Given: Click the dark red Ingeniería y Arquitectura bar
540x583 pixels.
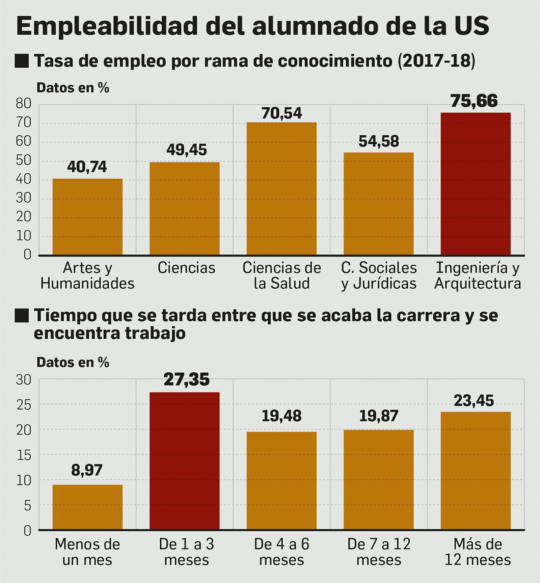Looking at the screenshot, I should click(x=476, y=184).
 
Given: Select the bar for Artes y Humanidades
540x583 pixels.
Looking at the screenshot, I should click(x=87, y=217).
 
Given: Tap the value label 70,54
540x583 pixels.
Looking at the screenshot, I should click(x=281, y=113).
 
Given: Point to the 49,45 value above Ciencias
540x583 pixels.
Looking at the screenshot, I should click(x=186, y=150).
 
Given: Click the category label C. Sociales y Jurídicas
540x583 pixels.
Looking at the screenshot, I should click(x=379, y=275).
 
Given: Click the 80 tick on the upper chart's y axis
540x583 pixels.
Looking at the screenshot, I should click(x=23, y=104).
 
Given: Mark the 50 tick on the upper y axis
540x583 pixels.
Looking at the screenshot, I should click(x=23, y=160).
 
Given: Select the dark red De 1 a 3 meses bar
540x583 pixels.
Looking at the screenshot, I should click(x=185, y=461).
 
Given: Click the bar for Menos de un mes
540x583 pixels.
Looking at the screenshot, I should click(x=87, y=507).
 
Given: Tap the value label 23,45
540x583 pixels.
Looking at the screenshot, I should click(x=474, y=401).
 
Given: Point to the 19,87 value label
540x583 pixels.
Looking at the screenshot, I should click(x=379, y=416).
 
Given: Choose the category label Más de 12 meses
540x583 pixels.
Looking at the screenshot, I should click(x=477, y=552).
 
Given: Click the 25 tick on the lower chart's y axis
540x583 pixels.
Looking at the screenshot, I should click(x=23, y=405).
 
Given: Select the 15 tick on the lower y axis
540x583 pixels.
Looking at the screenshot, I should click(x=23, y=455).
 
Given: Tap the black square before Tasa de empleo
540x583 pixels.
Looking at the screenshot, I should click(x=22, y=61).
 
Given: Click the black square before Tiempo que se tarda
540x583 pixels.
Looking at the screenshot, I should click(x=22, y=316).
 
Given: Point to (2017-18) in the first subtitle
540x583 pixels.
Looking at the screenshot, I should click(x=436, y=61).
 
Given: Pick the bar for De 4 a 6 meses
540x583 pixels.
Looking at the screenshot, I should click(x=281, y=480).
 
